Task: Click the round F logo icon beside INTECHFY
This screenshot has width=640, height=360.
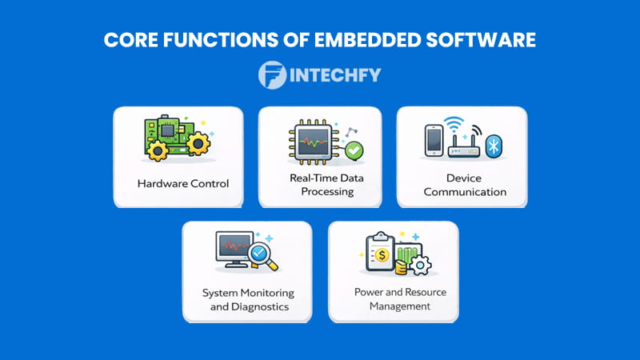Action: point(273,75)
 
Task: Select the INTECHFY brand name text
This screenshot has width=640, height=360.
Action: point(335,76)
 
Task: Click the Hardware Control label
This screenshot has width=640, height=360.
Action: point(183,183)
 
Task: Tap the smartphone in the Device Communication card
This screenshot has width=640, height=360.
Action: point(432,141)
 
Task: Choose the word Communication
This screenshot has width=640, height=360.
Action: point(464,192)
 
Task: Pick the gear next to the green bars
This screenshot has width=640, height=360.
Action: point(419,265)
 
